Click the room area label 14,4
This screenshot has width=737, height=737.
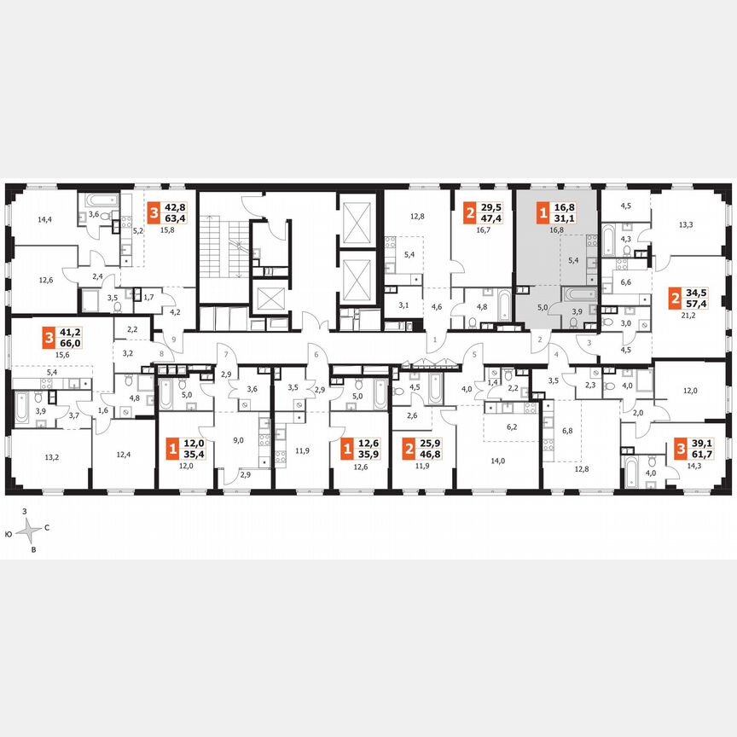pos(44,219)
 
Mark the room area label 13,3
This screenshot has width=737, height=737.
pos(686,225)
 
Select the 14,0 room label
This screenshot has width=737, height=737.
pos(496,461)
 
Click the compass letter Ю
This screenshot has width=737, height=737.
pos(8,533)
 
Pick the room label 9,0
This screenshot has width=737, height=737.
pos(238,440)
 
